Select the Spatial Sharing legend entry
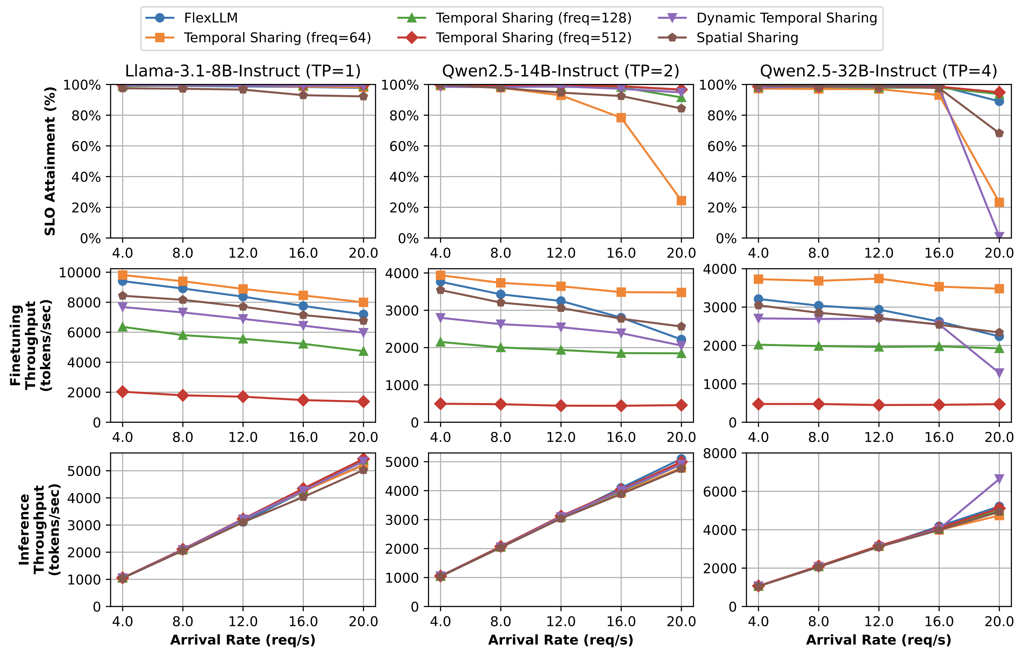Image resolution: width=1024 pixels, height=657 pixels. coord(747,38)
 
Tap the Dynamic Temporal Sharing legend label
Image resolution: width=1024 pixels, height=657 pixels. coord(786,18)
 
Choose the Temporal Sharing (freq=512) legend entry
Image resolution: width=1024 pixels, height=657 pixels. coord(533,38)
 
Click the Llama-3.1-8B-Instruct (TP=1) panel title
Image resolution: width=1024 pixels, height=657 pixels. coord(243,71)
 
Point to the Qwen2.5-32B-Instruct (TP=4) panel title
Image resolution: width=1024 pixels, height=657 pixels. coord(879,71)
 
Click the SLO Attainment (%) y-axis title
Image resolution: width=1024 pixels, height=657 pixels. coord(51,161)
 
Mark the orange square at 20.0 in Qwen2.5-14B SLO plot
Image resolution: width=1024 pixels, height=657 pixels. coord(681,201)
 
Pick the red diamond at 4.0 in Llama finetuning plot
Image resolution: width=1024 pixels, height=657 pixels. coord(123,392)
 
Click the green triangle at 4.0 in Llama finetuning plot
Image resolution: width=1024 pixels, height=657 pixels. coord(123,327)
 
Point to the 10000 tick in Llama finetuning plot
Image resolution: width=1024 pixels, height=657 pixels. coord(80,273)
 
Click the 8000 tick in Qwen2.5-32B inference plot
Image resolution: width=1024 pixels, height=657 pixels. coord(720,453)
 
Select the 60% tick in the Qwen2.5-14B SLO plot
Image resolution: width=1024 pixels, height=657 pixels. coord(403,146)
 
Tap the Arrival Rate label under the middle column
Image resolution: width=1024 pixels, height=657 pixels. coord(560,640)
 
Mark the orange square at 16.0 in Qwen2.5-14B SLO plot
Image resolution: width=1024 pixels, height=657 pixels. coord(621,118)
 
